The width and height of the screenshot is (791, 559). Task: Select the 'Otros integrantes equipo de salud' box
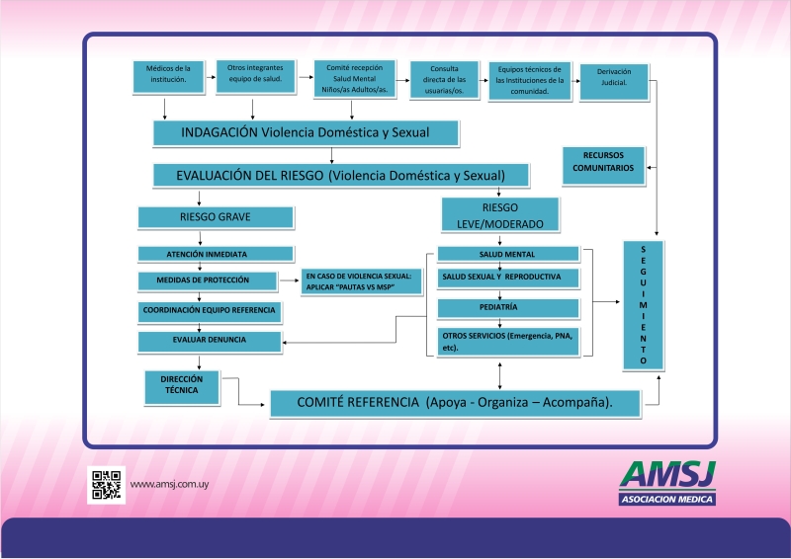[x=252, y=78]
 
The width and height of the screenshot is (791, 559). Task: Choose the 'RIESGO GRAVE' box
[x=216, y=217]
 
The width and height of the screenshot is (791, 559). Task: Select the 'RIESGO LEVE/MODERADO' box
[x=500, y=214]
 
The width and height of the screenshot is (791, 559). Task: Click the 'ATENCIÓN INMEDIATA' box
[x=216, y=253]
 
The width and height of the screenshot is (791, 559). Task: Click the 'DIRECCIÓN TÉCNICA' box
[x=181, y=385]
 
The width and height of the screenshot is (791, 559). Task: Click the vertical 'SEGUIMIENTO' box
[x=643, y=305]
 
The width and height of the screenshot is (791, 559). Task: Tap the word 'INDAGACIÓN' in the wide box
[x=220, y=132]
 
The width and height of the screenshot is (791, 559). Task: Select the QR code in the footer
[x=106, y=485]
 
